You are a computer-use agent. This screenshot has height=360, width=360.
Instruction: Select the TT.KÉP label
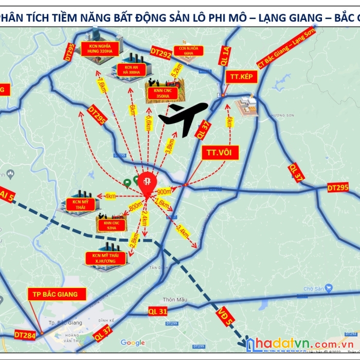pos(239,76)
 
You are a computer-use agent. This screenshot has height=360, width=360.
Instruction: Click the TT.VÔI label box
pos(220,153)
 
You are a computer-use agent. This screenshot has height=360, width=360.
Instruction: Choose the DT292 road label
pos(161,51)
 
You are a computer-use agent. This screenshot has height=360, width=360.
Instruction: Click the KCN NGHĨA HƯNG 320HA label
pos(100,48)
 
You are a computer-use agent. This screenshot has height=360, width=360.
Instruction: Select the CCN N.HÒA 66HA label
pos(188,50)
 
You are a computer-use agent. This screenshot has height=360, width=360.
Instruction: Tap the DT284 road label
pos(25,335)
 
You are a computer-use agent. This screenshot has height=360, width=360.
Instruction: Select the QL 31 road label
pos(158,311)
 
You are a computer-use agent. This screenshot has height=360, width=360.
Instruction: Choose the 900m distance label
pos(164,191)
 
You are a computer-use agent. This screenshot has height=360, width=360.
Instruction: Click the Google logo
pos(133,343)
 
